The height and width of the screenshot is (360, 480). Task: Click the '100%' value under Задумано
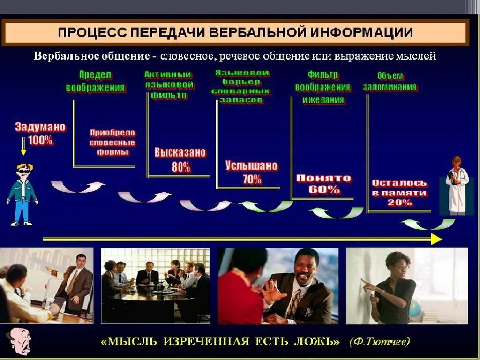click(40, 140)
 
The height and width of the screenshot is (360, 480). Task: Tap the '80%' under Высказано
click(180, 166)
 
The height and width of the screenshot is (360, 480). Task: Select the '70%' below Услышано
click(252, 179)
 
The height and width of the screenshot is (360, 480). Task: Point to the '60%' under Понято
click(324, 190)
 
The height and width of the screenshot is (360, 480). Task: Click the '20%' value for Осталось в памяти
click(399, 202)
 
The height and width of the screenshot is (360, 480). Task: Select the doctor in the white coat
click(456, 185)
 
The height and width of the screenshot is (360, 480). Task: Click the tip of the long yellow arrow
click(441, 240)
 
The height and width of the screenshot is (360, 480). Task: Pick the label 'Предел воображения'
click(95, 82)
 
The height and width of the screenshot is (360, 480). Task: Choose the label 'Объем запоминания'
click(390, 82)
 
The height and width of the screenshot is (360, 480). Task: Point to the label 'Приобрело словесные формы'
click(112, 142)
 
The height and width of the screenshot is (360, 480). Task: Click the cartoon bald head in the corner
click(19, 341)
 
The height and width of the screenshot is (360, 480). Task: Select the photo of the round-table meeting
click(156, 285)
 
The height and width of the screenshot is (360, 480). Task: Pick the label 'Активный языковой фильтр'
click(169, 85)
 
